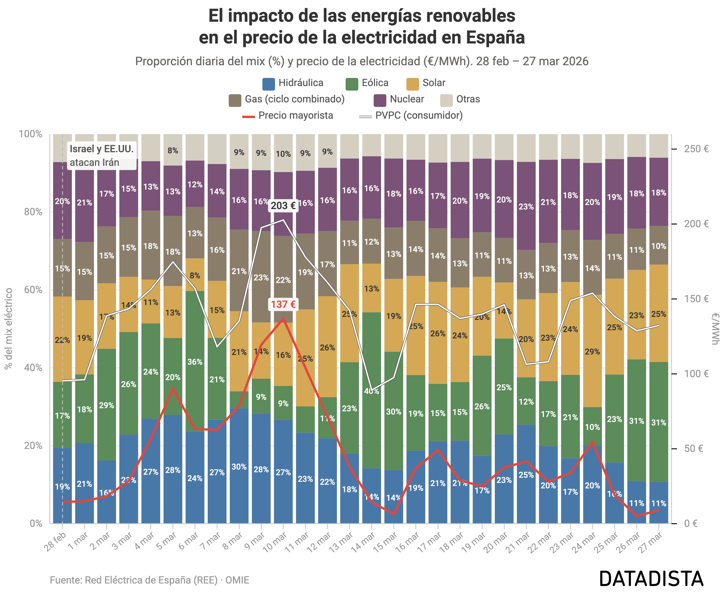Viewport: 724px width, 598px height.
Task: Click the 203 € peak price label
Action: [283, 206]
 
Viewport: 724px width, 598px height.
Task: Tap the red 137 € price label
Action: [283, 304]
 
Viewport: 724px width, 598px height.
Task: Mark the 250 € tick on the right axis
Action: [696, 149]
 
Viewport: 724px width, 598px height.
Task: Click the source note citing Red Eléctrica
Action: [149, 580]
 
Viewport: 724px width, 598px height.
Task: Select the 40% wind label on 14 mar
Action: [372, 391]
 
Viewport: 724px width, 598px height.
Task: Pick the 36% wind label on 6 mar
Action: [195, 362]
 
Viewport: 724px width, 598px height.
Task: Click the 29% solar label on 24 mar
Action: [592, 352]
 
